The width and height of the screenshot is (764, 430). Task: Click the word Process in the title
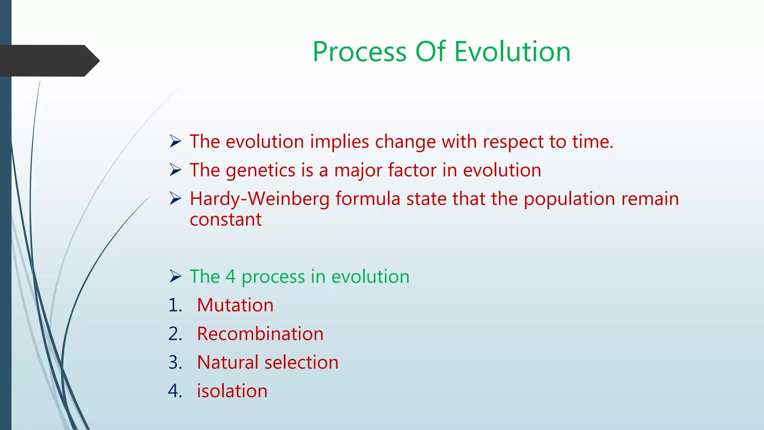pos(359,52)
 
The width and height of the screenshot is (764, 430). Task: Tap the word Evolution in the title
pos(512,52)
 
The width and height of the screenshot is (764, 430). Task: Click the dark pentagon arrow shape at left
pos(48,61)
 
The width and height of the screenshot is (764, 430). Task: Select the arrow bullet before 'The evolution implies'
pos(175,141)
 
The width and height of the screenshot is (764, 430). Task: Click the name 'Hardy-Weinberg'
pos(260,199)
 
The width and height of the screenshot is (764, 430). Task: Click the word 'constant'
pos(226,220)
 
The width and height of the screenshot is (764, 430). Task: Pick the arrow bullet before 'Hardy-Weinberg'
pos(175,198)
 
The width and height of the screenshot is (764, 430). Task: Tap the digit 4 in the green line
pos(230,277)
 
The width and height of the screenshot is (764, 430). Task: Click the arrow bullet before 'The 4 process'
pos(175,277)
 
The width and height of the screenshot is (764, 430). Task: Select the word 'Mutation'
pos(235,305)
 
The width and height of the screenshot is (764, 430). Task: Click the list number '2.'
pos(175,334)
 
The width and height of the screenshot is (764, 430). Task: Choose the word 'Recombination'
pos(260,334)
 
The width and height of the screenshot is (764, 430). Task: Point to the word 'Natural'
pos(228,362)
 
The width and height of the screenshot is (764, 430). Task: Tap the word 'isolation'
pos(232,391)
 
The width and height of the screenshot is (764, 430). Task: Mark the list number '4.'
pos(175,391)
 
